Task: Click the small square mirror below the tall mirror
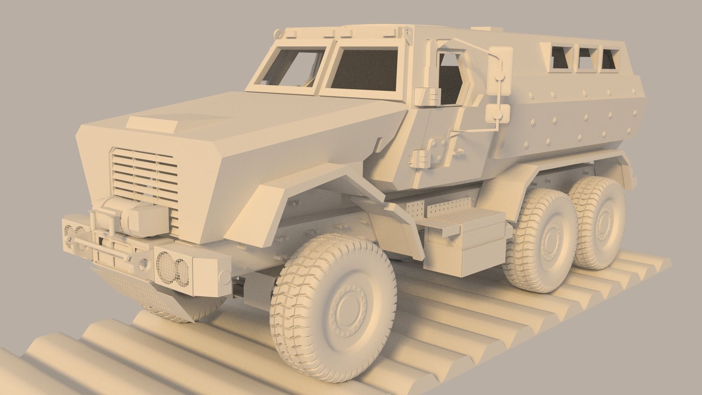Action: [499, 113]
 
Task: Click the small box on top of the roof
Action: [483, 28]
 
